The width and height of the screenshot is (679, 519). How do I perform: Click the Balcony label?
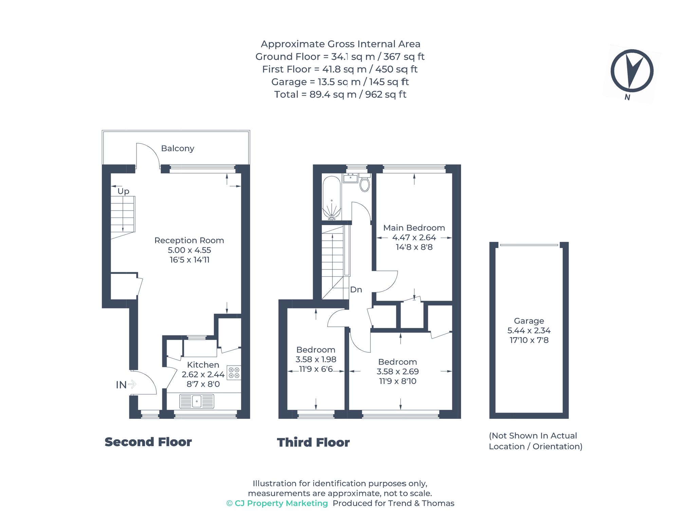[178, 148]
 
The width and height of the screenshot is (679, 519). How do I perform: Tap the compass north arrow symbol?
[632, 71]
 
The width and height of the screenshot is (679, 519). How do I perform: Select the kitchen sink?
[197, 401]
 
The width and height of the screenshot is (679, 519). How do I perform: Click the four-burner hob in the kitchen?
[234, 373]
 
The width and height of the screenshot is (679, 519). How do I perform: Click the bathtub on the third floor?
[331, 197]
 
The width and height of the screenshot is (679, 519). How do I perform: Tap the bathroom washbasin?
[350, 178]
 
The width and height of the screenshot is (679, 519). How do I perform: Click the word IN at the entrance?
[121, 385]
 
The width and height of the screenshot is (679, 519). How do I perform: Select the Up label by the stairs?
[123, 191]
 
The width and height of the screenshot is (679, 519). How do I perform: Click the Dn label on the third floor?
[356, 290]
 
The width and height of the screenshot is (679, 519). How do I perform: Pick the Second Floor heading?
[148, 442]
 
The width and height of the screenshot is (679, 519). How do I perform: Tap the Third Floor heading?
[313, 442]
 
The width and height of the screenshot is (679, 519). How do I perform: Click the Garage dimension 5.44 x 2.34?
[529, 330]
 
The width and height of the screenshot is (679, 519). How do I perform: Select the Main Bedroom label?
[414, 228]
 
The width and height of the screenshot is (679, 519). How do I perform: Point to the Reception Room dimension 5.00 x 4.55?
[189, 250]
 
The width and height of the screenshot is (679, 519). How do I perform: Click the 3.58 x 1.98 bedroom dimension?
[316, 359]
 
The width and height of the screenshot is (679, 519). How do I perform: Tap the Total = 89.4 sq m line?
[340, 94]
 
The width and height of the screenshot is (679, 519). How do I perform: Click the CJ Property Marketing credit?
[277, 503]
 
